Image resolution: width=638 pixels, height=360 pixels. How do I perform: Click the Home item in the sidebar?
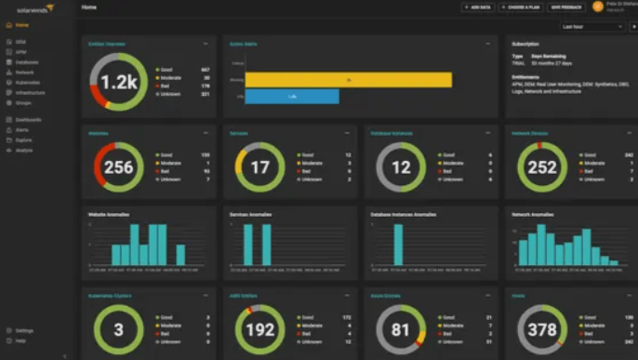click(x=21, y=25)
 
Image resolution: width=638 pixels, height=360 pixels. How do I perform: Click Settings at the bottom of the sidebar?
click(x=23, y=330)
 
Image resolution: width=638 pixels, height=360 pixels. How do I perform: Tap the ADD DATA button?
click(x=478, y=7)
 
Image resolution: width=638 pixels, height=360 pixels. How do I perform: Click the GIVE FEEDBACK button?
click(x=566, y=7)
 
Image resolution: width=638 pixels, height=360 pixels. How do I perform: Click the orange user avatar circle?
click(x=598, y=7)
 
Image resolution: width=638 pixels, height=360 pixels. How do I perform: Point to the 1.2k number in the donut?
click(x=119, y=82)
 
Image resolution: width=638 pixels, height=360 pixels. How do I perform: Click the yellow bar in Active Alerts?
click(x=348, y=80)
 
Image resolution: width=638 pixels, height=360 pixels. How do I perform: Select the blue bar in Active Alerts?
click(x=292, y=96)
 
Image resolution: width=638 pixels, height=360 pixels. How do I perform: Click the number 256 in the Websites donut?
click(x=119, y=168)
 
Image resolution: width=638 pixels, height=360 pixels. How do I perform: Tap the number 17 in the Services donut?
click(x=260, y=168)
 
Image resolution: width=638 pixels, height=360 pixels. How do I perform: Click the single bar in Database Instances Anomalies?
click(x=398, y=245)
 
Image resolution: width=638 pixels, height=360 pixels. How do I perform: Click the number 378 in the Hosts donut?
click(x=542, y=331)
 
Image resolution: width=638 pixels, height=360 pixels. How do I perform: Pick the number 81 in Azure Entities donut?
click(x=401, y=331)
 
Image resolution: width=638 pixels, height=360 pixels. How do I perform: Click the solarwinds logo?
click(x=28, y=7)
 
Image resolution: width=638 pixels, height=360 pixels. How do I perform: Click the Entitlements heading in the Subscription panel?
click(x=529, y=73)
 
